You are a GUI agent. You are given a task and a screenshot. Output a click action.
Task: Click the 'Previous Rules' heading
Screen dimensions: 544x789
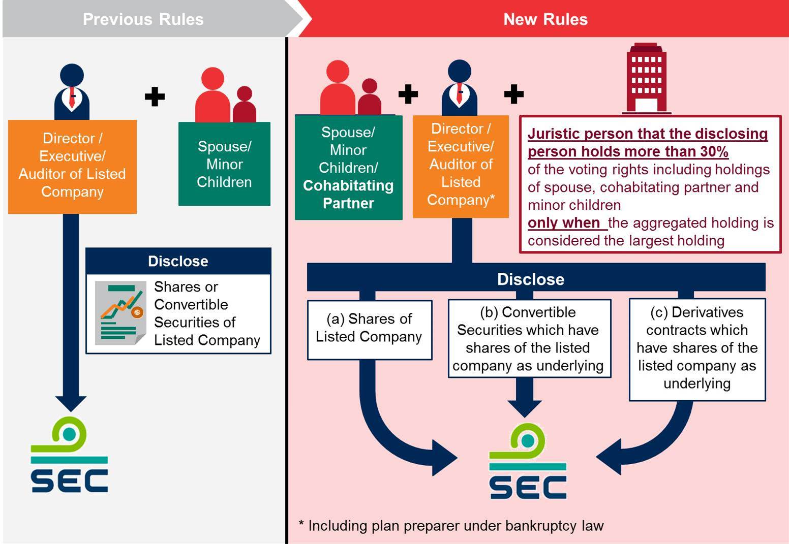point(143,19)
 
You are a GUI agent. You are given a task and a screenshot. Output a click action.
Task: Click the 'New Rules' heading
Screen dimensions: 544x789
point(545,19)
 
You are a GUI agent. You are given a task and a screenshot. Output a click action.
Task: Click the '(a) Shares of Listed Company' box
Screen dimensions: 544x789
point(369,329)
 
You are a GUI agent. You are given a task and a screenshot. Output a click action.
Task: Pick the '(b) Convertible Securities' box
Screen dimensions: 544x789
point(529,339)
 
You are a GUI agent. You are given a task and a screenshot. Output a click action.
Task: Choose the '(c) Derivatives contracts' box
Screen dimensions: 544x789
point(696,348)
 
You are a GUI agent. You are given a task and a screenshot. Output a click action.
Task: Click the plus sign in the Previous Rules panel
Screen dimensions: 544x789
point(155,97)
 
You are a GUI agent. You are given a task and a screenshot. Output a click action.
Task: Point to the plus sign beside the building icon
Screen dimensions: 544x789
point(513,94)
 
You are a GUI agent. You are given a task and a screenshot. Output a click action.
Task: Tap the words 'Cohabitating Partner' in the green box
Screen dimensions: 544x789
point(348,195)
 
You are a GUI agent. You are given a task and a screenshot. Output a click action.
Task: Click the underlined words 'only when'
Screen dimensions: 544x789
point(564,223)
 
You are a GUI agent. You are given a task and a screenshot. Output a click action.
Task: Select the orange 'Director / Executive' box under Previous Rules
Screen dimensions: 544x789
point(72,166)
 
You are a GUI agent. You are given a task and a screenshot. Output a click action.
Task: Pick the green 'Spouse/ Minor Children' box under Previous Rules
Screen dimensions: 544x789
point(224,164)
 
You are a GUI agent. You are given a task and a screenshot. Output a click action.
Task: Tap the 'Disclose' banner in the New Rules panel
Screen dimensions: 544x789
point(531,279)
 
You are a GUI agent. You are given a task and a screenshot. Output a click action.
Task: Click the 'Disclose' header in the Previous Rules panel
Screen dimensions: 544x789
point(178,261)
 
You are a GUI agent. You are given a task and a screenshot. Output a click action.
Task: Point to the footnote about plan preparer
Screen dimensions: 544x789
point(451,526)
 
